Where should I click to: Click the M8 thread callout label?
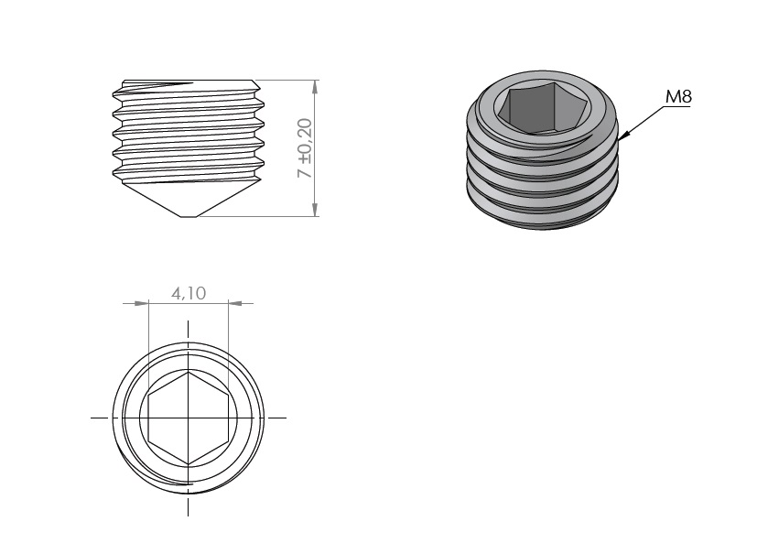click(x=678, y=97)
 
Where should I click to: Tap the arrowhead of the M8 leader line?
click(x=623, y=136)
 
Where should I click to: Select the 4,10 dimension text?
click(x=189, y=293)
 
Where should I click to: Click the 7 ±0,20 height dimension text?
click(x=305, y=148)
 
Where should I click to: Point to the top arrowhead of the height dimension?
click(x=315, y=87)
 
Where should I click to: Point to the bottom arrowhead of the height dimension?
click(x=315, y=209)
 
